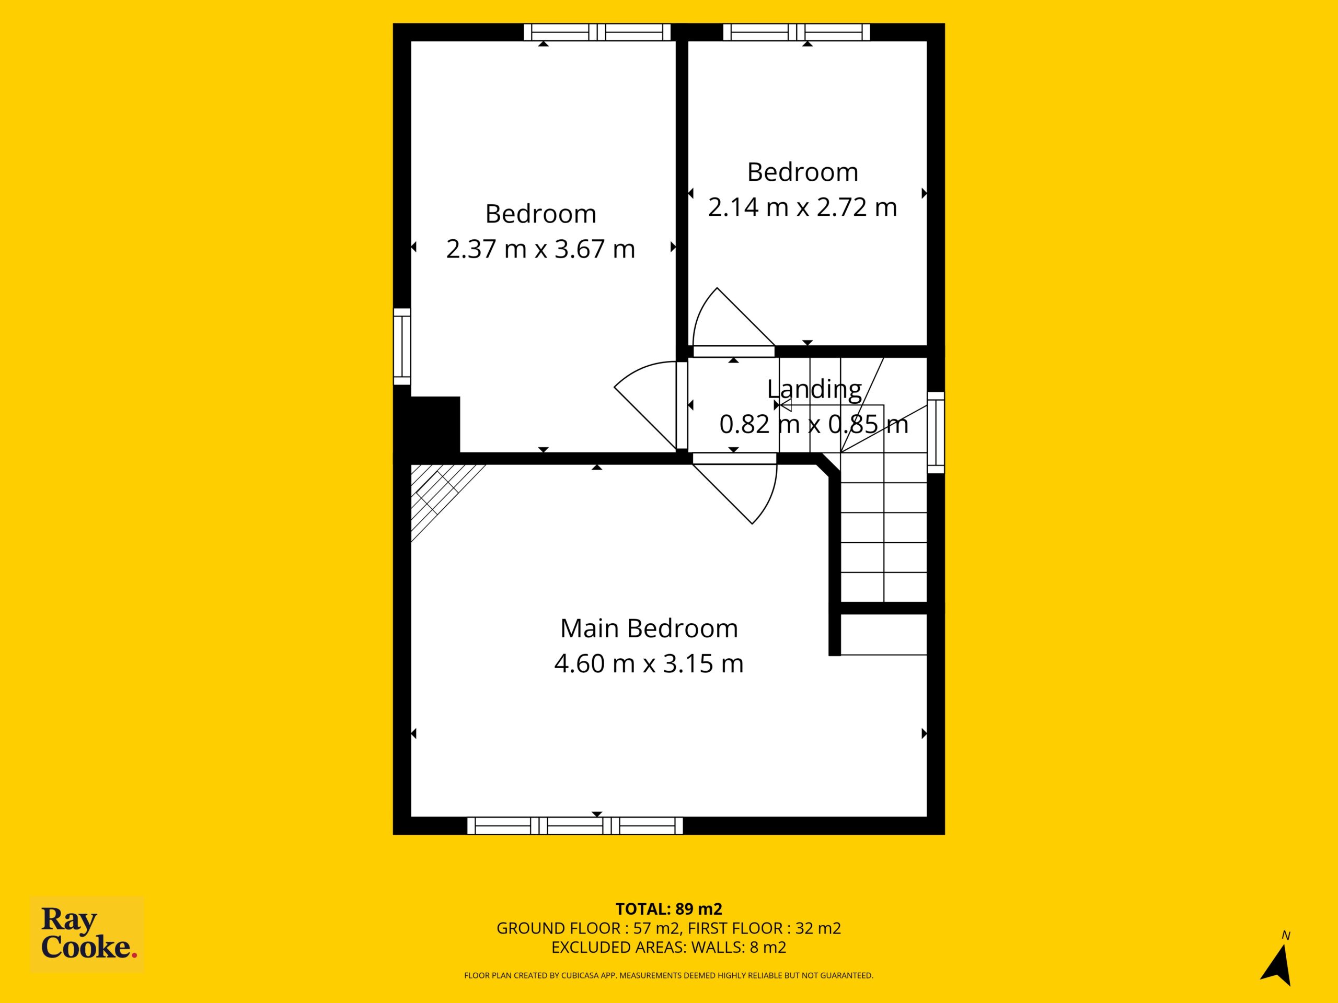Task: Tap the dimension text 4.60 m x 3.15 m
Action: pyautogui.click(x=649, y=664)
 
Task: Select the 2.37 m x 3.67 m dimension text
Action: pyautogui.click(x=541, y=249)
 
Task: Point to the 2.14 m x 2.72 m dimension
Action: pyautogui.click(x=803, y=207)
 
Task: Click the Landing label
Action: pyautogui.click(x=814, y=389)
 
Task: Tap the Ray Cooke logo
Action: pyautogui.click(x=87, y=934)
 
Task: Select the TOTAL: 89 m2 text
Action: pyautogui.click(x=669, y=908)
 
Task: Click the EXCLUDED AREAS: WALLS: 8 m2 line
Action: pyautogui.click(x=669, y=947)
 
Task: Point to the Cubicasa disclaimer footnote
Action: pyautogui.click(x=669, y=975)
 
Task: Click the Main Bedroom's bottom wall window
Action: pyautogui.click(x=574, y=825)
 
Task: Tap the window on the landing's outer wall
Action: pyautogui.click(x=936, y=432)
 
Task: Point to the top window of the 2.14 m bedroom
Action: pyautogui.click(x=797, y=32)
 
